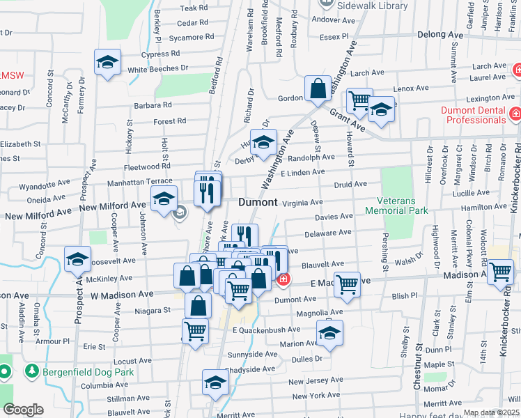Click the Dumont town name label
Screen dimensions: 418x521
(258, 202)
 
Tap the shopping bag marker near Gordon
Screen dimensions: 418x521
(318, 90)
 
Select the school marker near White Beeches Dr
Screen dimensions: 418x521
(107, 64)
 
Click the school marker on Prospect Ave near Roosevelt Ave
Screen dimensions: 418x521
(77, 260)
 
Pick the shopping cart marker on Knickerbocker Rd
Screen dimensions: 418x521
(500, 272)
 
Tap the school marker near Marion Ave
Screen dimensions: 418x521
(329, 333)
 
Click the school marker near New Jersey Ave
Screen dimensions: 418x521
(215, 382)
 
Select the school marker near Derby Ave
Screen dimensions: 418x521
(263, 143)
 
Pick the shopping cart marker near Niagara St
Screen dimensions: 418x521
(195, 332)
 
